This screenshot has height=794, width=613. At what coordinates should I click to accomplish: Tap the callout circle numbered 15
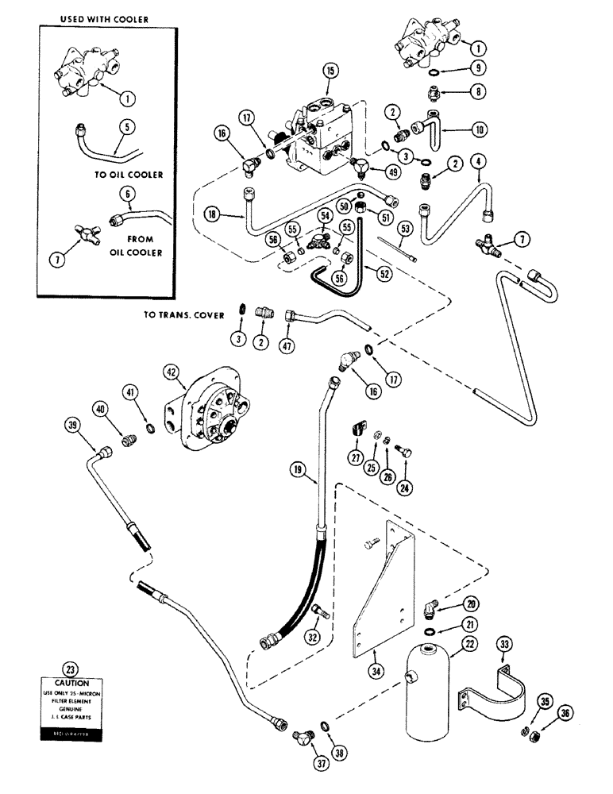click(x=330, y=71)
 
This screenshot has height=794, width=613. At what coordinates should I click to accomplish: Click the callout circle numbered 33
click(x=503, y=643)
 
